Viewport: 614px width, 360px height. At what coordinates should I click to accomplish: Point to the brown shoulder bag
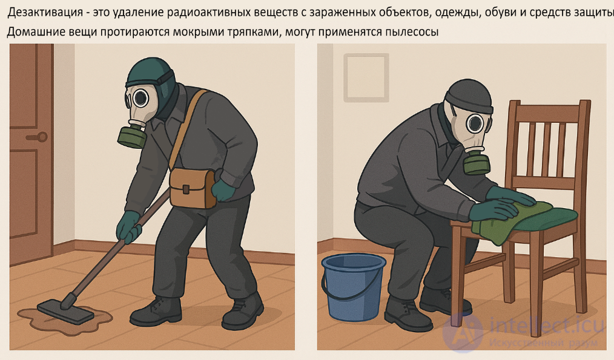192,187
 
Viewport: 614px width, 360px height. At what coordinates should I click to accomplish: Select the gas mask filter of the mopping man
131,137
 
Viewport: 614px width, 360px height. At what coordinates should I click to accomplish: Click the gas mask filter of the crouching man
477,163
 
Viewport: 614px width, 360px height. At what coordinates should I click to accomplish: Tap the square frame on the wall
366,77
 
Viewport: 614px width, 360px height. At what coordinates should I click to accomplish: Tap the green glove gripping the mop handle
128,225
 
